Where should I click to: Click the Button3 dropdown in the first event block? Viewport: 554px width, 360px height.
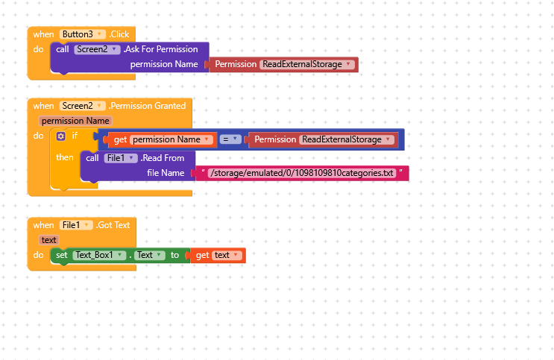(83, 34)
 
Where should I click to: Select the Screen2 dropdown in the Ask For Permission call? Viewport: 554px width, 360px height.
(97, 49)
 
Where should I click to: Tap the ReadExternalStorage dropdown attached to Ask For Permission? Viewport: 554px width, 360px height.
(307, 64)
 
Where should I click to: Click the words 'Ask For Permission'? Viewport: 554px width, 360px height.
(162, 49)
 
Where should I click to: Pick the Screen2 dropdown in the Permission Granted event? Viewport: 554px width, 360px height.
(82, 106)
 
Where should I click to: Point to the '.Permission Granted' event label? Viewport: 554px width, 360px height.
(148, 106)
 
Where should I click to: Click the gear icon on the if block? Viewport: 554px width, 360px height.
(61, 136)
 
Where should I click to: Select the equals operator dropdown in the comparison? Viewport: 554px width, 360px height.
(230, 139)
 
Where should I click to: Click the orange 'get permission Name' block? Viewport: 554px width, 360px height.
(162, 139)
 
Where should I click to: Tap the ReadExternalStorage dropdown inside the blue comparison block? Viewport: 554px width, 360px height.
(347, 139)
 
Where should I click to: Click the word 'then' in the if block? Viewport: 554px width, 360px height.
(65, 157)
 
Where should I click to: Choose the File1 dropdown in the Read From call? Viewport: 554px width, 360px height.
(121, 158)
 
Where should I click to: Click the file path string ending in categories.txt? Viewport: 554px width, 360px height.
(302, 173)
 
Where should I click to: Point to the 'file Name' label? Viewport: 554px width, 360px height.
(166, 173)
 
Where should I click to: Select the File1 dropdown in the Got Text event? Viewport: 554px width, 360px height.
(76, 225)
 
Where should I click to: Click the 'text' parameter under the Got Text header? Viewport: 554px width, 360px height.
(48, 240)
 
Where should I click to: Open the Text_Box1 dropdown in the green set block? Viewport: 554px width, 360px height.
(99, 255)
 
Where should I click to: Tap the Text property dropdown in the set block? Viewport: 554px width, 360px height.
(150, 255)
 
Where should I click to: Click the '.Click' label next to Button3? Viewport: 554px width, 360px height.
(119, 34)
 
